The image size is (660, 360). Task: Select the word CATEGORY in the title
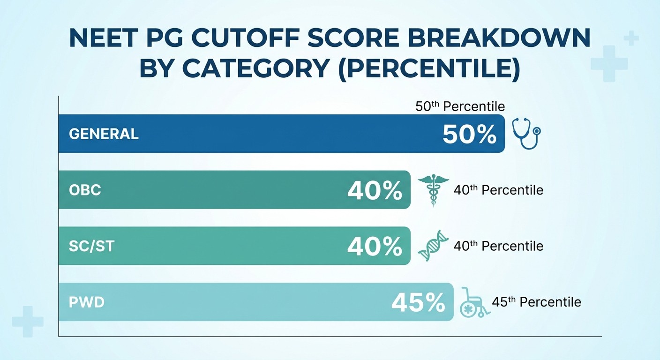click(x=255, y=68)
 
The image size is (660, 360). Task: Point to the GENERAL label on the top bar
click(x=104, y=134)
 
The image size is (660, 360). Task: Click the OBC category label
click(x=85, y=190)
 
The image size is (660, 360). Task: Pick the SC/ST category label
click(x=91, y=246)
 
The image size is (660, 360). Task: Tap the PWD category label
click(x=86, y=302)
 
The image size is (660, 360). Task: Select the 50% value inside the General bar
click(x=469, y=135)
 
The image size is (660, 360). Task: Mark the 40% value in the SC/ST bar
click(x=375, y=247)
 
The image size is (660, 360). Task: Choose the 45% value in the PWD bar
click(x=418, y=303)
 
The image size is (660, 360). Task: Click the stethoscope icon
click(x=526, y=133)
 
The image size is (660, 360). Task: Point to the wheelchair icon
click(x=474, y=303)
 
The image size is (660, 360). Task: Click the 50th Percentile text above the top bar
click(x=460, y=106)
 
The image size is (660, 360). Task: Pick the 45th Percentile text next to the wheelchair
click(x=536, y=302)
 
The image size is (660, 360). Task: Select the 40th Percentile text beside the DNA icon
click(x=498, y=246)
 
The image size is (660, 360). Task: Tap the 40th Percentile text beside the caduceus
click(x=498, y=190)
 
